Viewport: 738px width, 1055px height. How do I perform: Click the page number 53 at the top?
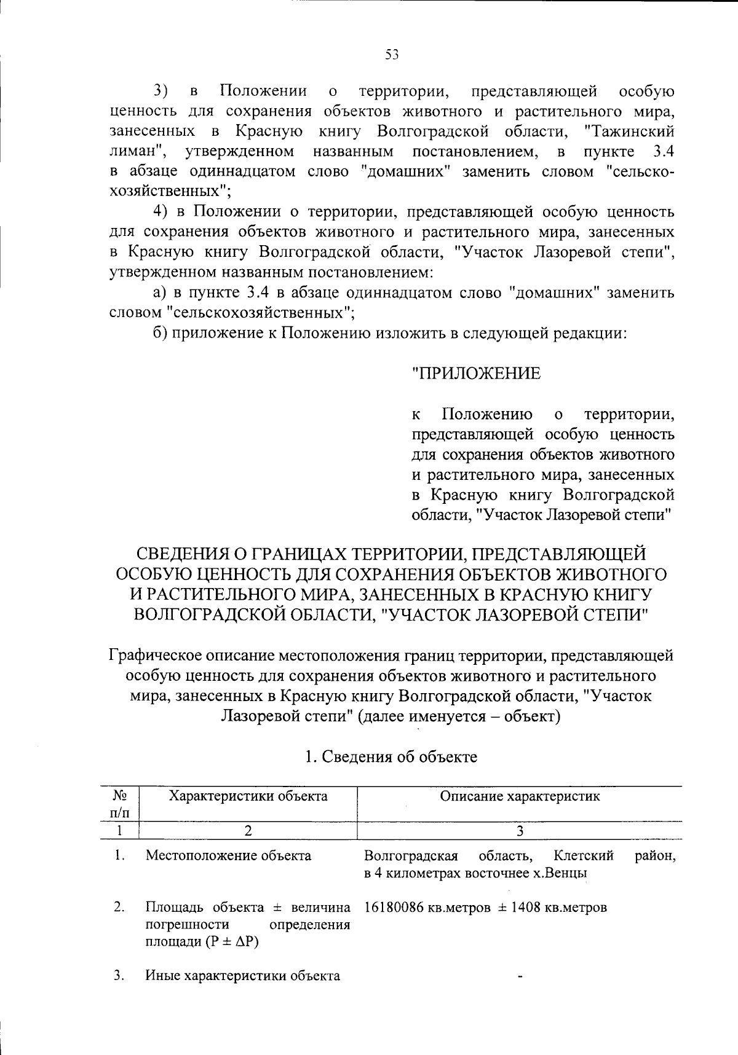click(392, 55)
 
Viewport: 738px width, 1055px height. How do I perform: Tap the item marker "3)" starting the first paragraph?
click(161, 92)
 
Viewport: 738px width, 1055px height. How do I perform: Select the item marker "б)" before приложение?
click(161, 334)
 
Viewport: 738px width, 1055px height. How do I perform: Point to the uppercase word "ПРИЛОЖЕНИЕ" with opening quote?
click(477, 373)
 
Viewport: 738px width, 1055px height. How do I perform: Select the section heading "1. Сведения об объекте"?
click(391, 756)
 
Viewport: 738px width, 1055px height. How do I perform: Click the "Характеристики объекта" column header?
click(248, 797)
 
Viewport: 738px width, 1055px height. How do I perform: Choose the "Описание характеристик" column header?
click(520, 797)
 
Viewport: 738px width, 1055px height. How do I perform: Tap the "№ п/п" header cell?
click(121, 804)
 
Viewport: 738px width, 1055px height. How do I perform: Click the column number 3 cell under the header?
click(520, 831)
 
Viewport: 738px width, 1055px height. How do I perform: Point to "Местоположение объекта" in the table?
click(228, 855)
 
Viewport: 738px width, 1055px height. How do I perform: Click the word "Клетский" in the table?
click(584, 855)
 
